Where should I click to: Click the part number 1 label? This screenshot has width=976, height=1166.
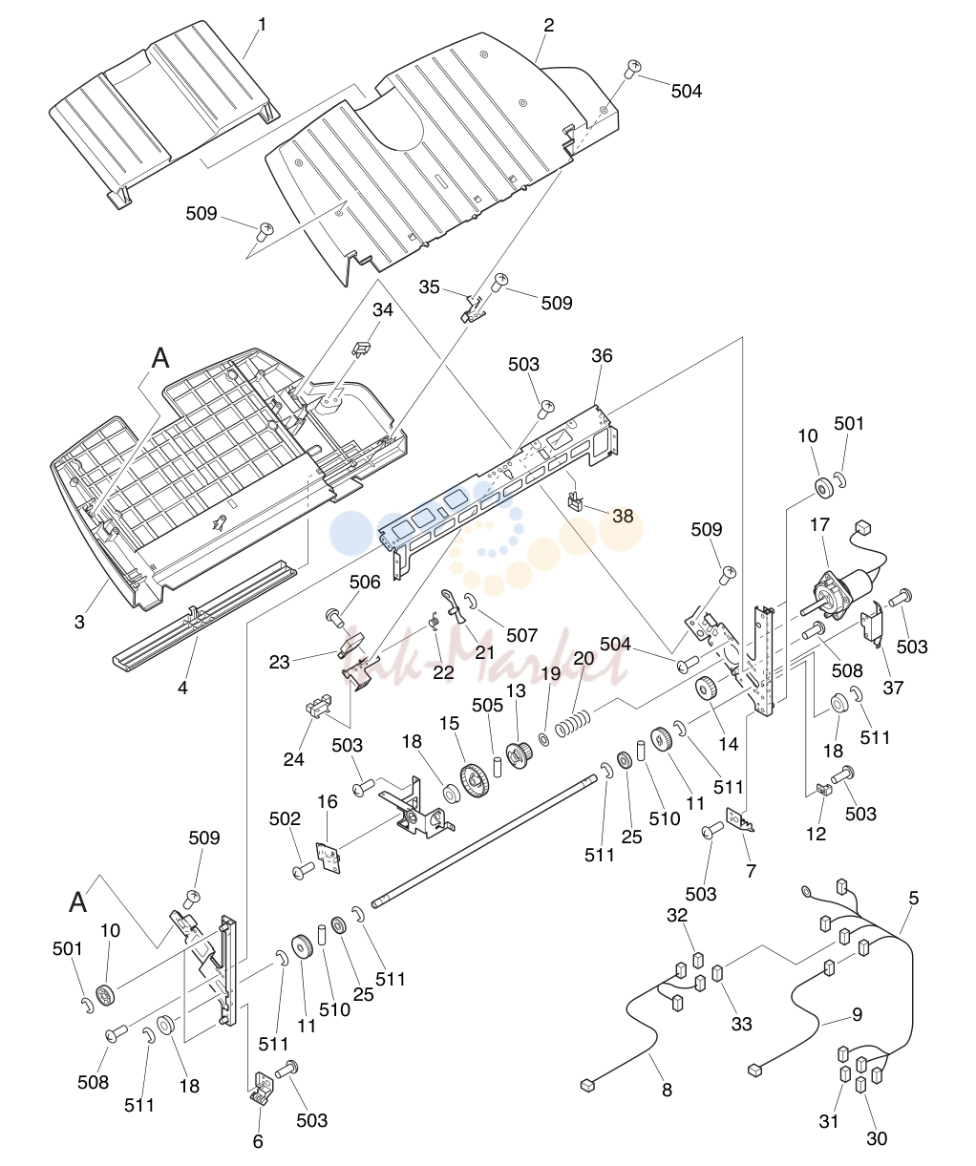262,25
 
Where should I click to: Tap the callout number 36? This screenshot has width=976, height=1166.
602,355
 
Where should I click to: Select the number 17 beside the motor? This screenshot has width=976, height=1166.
819,525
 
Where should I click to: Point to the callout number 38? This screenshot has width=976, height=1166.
623,516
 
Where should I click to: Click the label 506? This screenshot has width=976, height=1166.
365,583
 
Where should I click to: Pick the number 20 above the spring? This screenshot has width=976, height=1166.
584,658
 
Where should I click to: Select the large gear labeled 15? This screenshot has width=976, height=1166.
475,781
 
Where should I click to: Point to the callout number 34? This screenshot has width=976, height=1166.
383,310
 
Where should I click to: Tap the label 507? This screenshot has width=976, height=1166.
522,635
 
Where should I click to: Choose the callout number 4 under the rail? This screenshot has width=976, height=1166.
182,688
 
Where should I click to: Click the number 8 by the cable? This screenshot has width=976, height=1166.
668,1090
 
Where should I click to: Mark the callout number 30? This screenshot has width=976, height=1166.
877,1138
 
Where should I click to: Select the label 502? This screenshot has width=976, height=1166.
285,818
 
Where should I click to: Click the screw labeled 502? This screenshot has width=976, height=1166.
304,870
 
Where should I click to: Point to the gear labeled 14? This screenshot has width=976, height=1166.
708,688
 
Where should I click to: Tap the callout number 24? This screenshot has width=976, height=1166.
294,759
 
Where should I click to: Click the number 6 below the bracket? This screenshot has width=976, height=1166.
258,1141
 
